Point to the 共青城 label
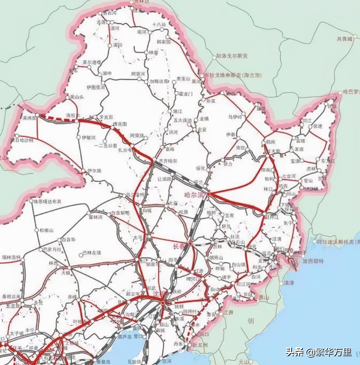[x=344, y=39]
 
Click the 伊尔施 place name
[x=95, y=171]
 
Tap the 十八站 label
[x=159, y=24]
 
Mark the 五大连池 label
[x=183, y=120]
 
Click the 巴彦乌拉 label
[x=52, y=249]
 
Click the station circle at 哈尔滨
[x=208, y=194]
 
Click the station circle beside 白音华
[x=59, y=240]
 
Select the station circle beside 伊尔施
[x=83, y=171]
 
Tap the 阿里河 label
[x=138, y=74]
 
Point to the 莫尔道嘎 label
[x=92, y=62]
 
